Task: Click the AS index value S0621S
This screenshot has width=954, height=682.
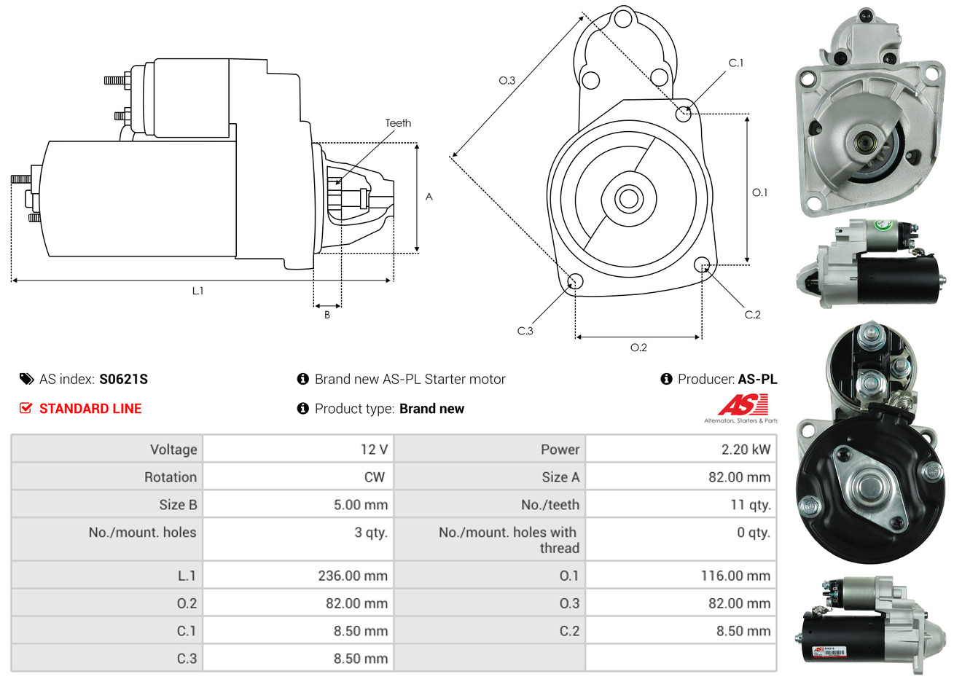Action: point(123,379)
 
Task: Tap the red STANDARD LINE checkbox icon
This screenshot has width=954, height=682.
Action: point(26,408)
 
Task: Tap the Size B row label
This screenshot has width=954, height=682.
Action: point(178,505)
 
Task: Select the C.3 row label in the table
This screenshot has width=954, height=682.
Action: point(187,659)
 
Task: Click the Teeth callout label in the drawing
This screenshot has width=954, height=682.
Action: point(398,123)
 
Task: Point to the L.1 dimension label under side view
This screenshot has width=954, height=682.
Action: point(198,291)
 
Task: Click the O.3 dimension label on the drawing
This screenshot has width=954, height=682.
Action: point(507,80)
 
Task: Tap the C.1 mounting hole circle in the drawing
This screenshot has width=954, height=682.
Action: point(684,114)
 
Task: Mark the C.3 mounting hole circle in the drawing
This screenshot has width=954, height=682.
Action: point(575,281)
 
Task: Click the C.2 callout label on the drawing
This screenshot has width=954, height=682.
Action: point(752,315)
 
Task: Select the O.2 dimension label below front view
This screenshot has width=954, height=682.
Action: point(638,348)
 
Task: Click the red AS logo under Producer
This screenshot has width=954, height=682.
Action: point(743,405)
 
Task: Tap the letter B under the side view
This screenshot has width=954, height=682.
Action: point(327,315)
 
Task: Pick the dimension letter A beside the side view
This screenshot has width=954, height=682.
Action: point(429,197)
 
